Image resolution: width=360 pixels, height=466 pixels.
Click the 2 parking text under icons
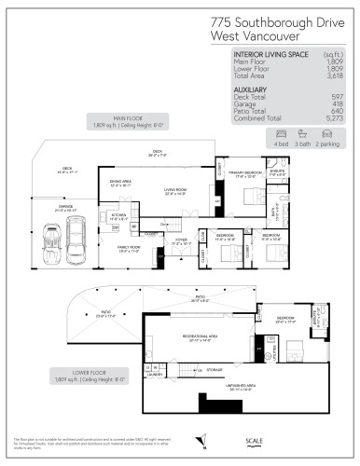click(x=328, y=144)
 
